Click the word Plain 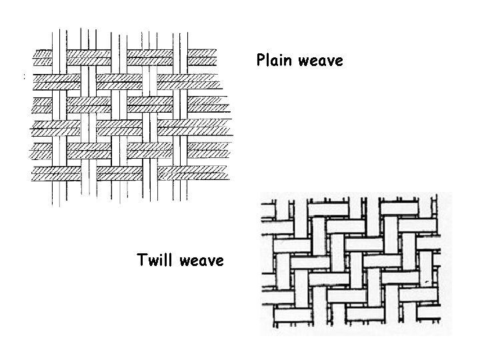[275, 61]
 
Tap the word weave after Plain [321, 61]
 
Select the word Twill [155, 260]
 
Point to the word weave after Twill [201, 260]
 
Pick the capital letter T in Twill [141, 260]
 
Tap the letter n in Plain [289, 61]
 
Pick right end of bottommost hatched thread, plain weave [227, 174]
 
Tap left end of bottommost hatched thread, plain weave [35, 174]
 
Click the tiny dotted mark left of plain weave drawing [24, 78]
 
